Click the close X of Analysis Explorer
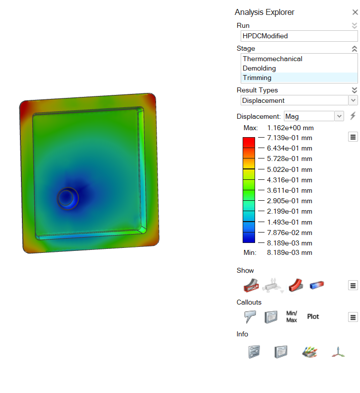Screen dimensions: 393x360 tap(355, 12)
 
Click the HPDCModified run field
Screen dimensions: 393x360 tap(298, 36)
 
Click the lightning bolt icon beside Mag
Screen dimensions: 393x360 tap(353, 116)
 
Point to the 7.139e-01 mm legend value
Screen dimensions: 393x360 tap(289, 138)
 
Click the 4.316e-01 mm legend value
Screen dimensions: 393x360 tap(289, 180)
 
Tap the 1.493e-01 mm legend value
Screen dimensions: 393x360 tap(289, 222)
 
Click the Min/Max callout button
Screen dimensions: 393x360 tap(291, 316)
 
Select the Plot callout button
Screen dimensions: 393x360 tap(313, 316)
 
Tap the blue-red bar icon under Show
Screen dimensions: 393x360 tap(317, 285)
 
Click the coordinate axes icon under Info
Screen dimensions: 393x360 tap(338, 352)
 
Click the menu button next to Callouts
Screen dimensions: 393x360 tap(353, 317)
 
